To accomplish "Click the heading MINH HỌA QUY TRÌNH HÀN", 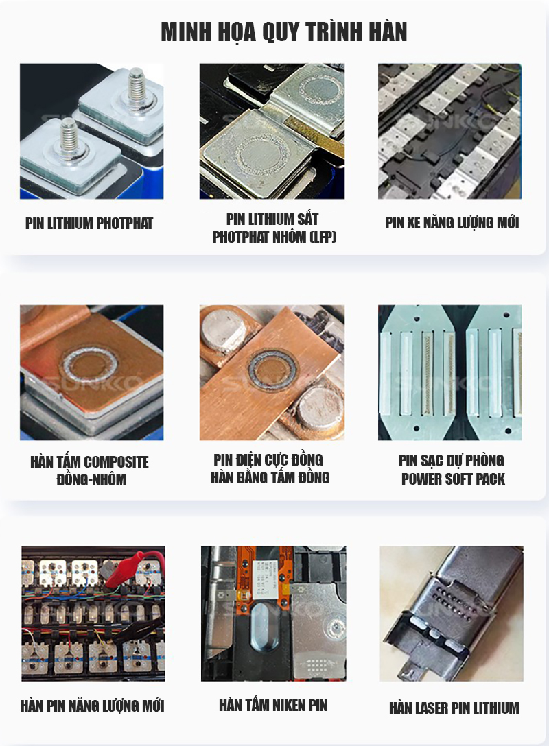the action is [284, 32].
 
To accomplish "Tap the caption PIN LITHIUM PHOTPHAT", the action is [89, 223].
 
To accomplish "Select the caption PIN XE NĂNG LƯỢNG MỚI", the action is [452, 223].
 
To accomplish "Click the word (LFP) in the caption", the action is [323, 237].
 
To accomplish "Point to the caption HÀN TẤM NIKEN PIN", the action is [273, 705].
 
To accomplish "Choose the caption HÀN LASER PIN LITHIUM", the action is [454, 708].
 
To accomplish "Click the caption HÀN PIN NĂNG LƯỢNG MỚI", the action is [93, 706].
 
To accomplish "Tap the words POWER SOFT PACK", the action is [453, 479].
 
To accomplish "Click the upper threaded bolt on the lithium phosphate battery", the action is [137, 86].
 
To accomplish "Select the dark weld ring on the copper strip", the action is [274, 369].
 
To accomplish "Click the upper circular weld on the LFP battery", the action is [319, 90].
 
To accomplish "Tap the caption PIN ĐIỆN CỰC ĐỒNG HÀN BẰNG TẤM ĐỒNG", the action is [270, 468].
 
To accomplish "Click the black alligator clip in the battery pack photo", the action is [138, 629].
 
